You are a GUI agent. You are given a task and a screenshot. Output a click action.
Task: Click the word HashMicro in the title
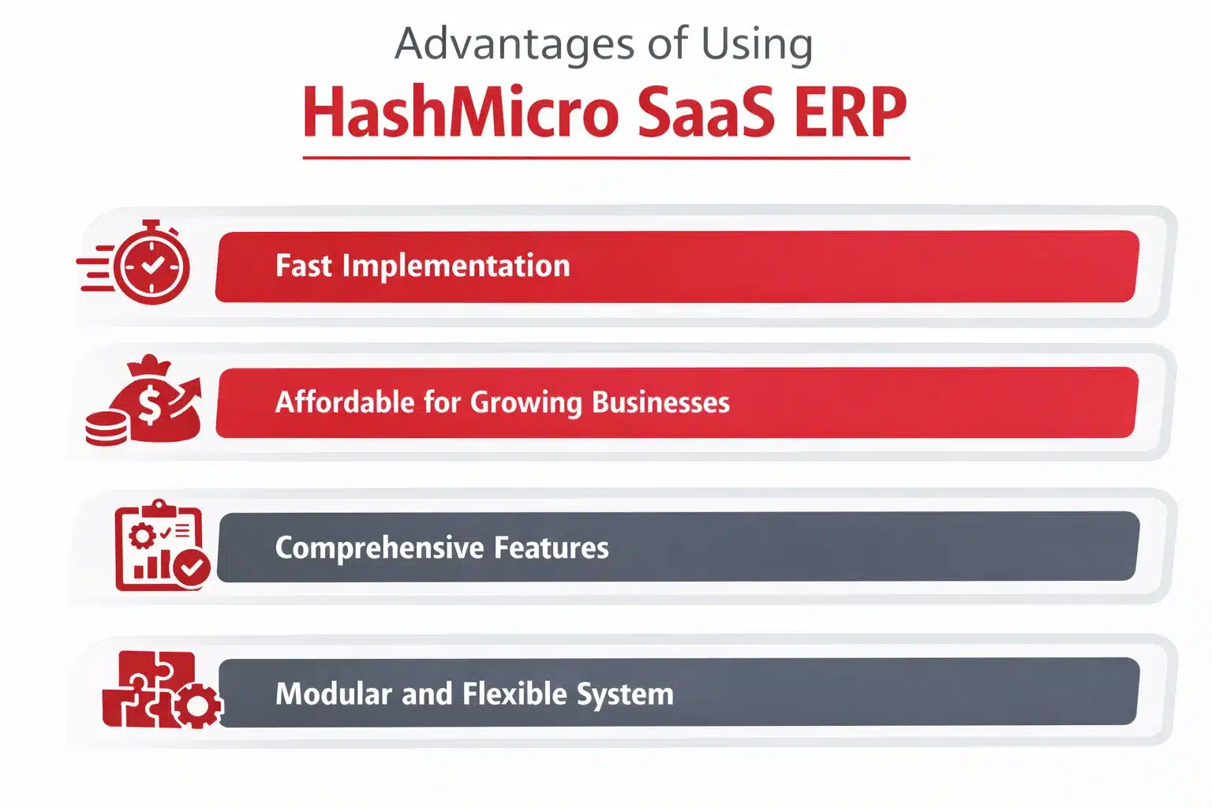tap(461, 112)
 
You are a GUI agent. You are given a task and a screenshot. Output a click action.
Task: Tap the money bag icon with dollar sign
tap(154, 400)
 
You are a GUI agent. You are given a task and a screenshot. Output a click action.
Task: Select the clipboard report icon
tap(159, 544)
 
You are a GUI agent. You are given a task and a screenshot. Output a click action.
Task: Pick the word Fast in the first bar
tap(303, 266)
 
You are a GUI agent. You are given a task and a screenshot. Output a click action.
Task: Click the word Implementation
tap(455, 266)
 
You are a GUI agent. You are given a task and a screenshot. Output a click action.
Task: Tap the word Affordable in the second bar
tap(344, 402)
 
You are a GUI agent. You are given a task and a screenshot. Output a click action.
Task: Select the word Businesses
tap(660, 402)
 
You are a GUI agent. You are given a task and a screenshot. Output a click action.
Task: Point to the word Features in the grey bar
tap(551, 548)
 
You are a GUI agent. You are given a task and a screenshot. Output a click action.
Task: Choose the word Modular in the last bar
tap(333, 694)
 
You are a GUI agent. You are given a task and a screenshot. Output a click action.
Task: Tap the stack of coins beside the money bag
tap(107, 428)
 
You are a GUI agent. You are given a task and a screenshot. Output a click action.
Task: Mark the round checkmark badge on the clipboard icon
tap(192, 567)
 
